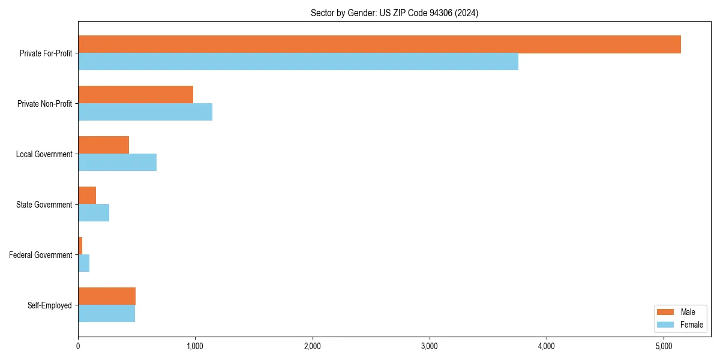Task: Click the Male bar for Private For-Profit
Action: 379,44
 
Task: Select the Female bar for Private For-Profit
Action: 298,62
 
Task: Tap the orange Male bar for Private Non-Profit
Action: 136,95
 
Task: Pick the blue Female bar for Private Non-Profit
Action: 145,112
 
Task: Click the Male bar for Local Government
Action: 103,145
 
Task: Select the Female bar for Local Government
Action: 117,163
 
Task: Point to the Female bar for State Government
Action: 94,213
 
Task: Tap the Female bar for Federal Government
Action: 84,263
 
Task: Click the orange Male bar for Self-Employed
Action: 107,296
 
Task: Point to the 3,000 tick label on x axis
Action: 429,346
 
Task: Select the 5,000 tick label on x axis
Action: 663,346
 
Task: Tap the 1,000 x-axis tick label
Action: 195,346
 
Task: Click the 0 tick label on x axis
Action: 78,346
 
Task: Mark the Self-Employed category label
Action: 50,305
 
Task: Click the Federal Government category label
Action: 41,255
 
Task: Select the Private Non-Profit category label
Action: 44,104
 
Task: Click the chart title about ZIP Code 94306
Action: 394,13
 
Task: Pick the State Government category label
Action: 44,205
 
